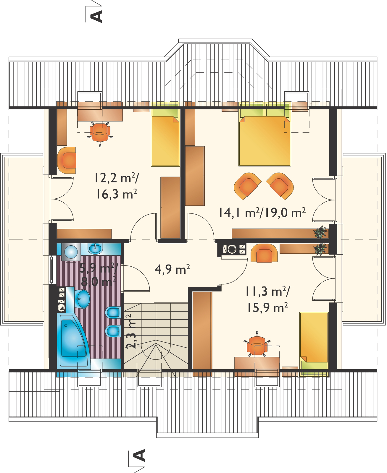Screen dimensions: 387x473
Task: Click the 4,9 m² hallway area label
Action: coord(172,269)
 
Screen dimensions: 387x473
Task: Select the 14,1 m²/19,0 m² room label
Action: coord(262,212)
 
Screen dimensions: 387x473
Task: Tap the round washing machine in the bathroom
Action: coord(71,252)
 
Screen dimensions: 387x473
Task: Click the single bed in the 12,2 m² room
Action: coord(165,134)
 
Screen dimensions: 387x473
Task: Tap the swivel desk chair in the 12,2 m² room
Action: coord(100,134)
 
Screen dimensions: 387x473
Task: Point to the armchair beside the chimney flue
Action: coord(264,253)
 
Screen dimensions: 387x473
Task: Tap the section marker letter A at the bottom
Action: coord(139,455)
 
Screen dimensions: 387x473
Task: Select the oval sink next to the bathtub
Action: coord(82,299)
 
